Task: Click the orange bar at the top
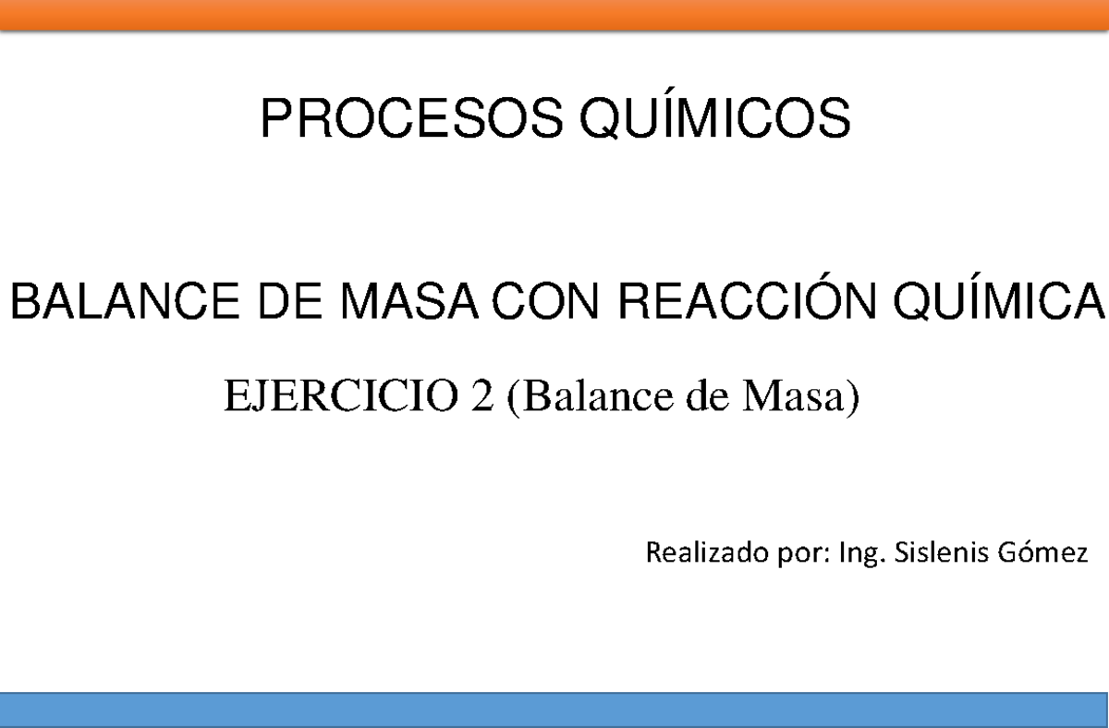pyautogui.click(x=554, y=15)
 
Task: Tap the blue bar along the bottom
pyautogui.click(x=554, y=710)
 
